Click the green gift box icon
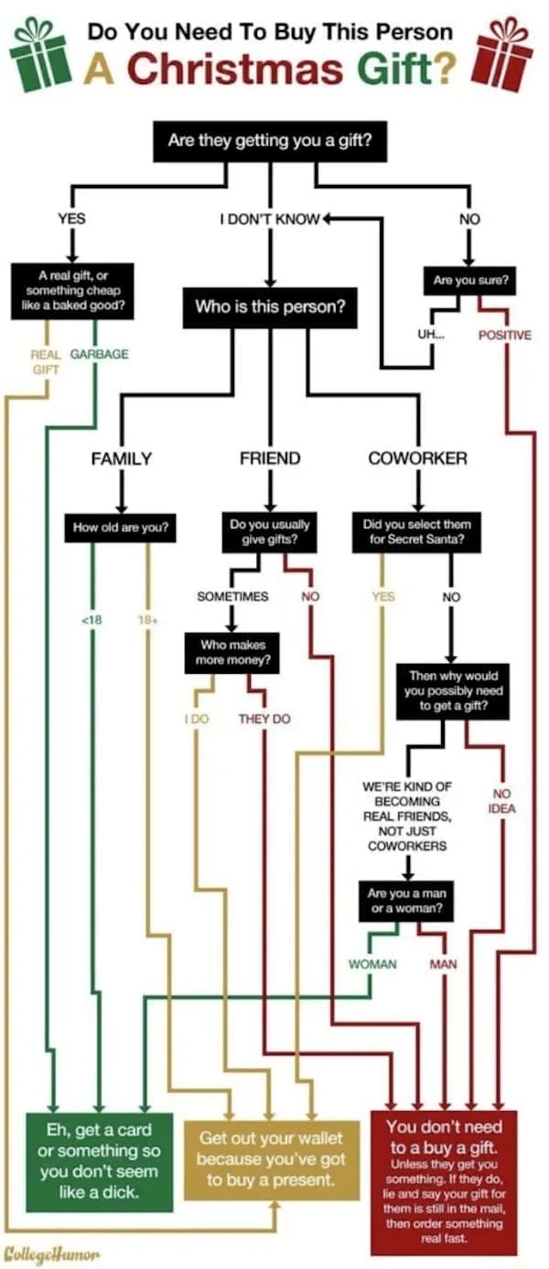pos(39,54)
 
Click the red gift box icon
pos(506,54)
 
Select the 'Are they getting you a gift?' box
pos(270,142)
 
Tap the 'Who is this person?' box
pos(270,306)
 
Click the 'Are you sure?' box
pos(469,282)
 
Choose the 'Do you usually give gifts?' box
pos(270,532)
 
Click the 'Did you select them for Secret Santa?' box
pos(416,532)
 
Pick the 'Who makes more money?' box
pos(231,652)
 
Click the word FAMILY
pos(121,458)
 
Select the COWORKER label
pos(417,458)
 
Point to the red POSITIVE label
pos(504,335)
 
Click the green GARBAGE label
pos(99,354)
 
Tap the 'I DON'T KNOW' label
pos(269,219)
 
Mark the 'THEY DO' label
pos(264,719)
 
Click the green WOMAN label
pos(371,964)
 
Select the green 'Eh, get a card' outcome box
pos(99,1160)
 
